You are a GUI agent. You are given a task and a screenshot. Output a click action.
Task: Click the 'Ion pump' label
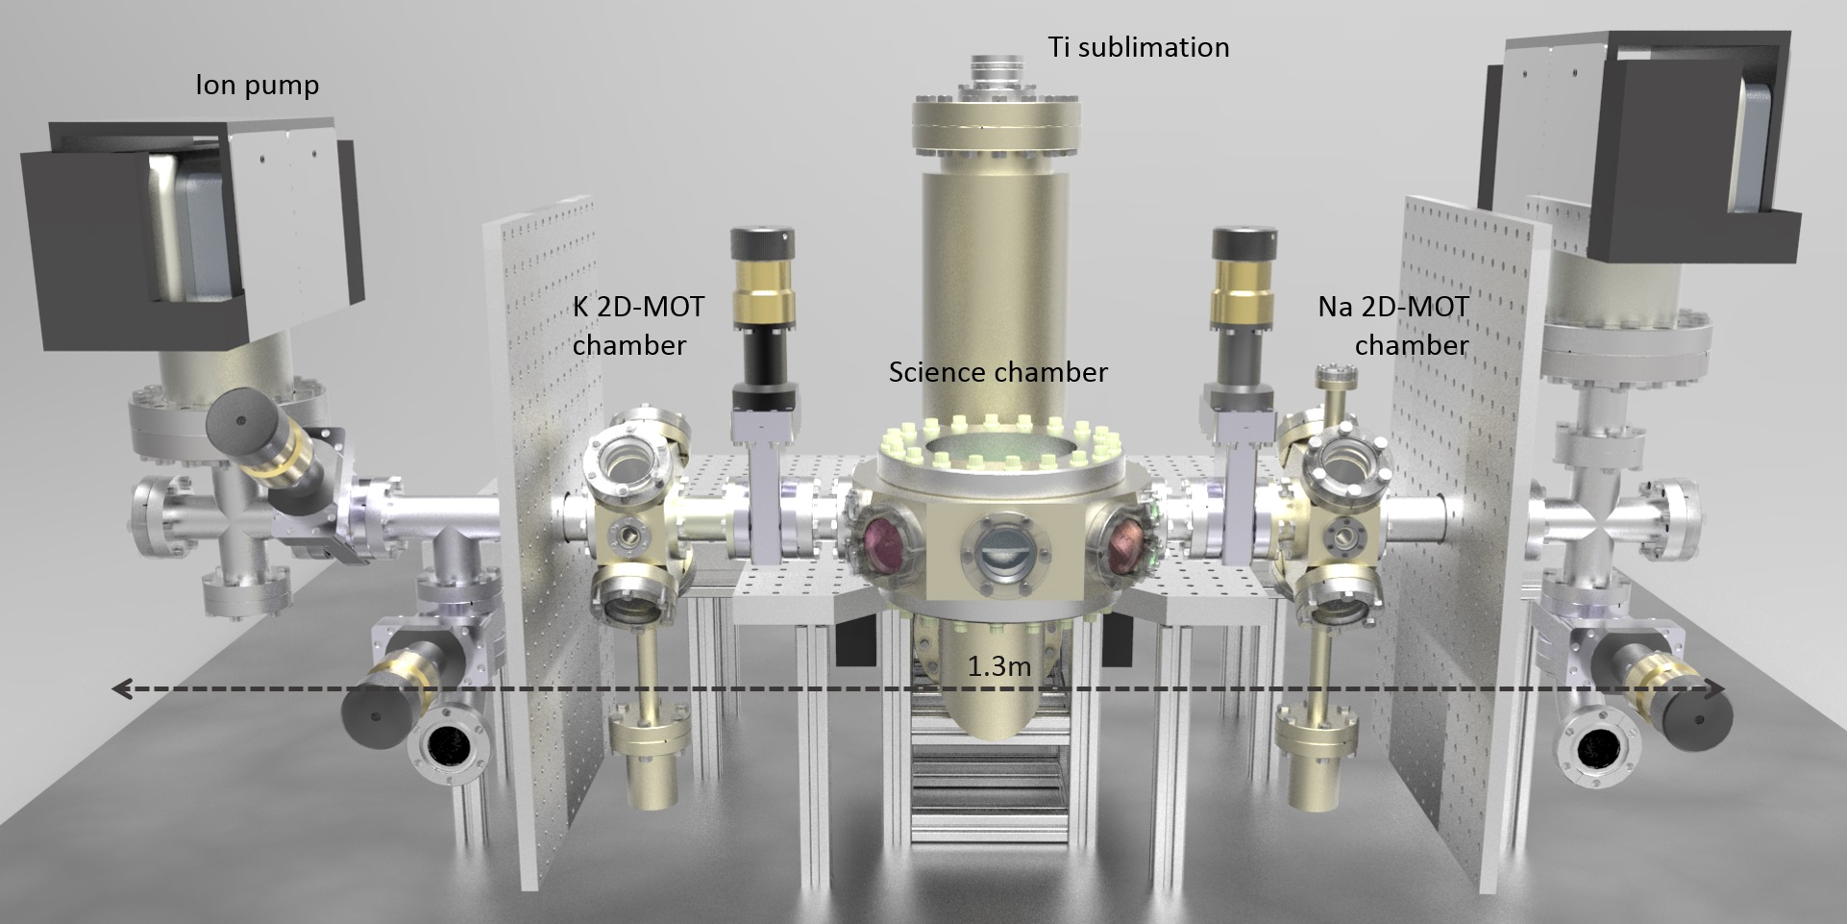click(x=257, y=86)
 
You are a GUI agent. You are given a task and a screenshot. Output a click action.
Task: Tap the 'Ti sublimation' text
click(x=1139, y=47)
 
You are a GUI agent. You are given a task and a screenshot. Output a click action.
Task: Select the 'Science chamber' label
click(x=997, y=372)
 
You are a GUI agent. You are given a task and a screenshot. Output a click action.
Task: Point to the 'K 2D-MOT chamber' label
click(x=638, y=326)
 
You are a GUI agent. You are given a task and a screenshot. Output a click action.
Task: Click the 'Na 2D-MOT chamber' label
click(x=1393, y=326)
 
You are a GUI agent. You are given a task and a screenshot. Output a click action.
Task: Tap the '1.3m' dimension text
click(x=998, y=666)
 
